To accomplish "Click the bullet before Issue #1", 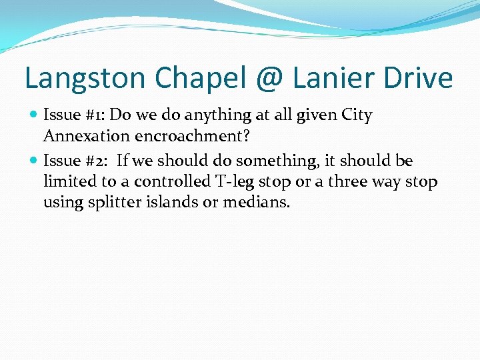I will point(34,115).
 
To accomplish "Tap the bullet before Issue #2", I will point(34,161).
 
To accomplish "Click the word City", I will point(356,115).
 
